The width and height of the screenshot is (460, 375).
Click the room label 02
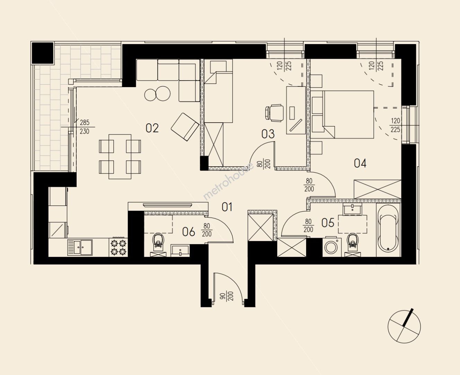click(152, 128)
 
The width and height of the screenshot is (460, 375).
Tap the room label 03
click(268, 134)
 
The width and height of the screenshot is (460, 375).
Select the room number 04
click(360, 163)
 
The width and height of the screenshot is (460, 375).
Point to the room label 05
click(328, 223)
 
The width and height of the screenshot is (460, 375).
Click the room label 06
click(189, 232)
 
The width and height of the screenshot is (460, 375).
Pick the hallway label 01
click(227, 207)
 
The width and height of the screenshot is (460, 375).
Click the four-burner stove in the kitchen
click(118, 248)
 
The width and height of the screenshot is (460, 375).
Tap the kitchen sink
click(80, 248)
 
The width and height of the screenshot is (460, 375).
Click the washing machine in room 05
click(332, 248)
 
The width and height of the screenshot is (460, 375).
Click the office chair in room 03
click(274, 113)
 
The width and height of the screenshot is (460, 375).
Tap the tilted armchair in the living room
click(185, 127)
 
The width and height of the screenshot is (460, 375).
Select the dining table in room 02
click(120, 157)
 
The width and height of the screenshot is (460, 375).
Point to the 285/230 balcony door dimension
click(85, 127)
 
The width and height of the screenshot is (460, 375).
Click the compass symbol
click(404, 326)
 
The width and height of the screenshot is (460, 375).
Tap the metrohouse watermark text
click(228, 181)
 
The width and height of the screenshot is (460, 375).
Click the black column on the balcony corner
click(43, 53)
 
